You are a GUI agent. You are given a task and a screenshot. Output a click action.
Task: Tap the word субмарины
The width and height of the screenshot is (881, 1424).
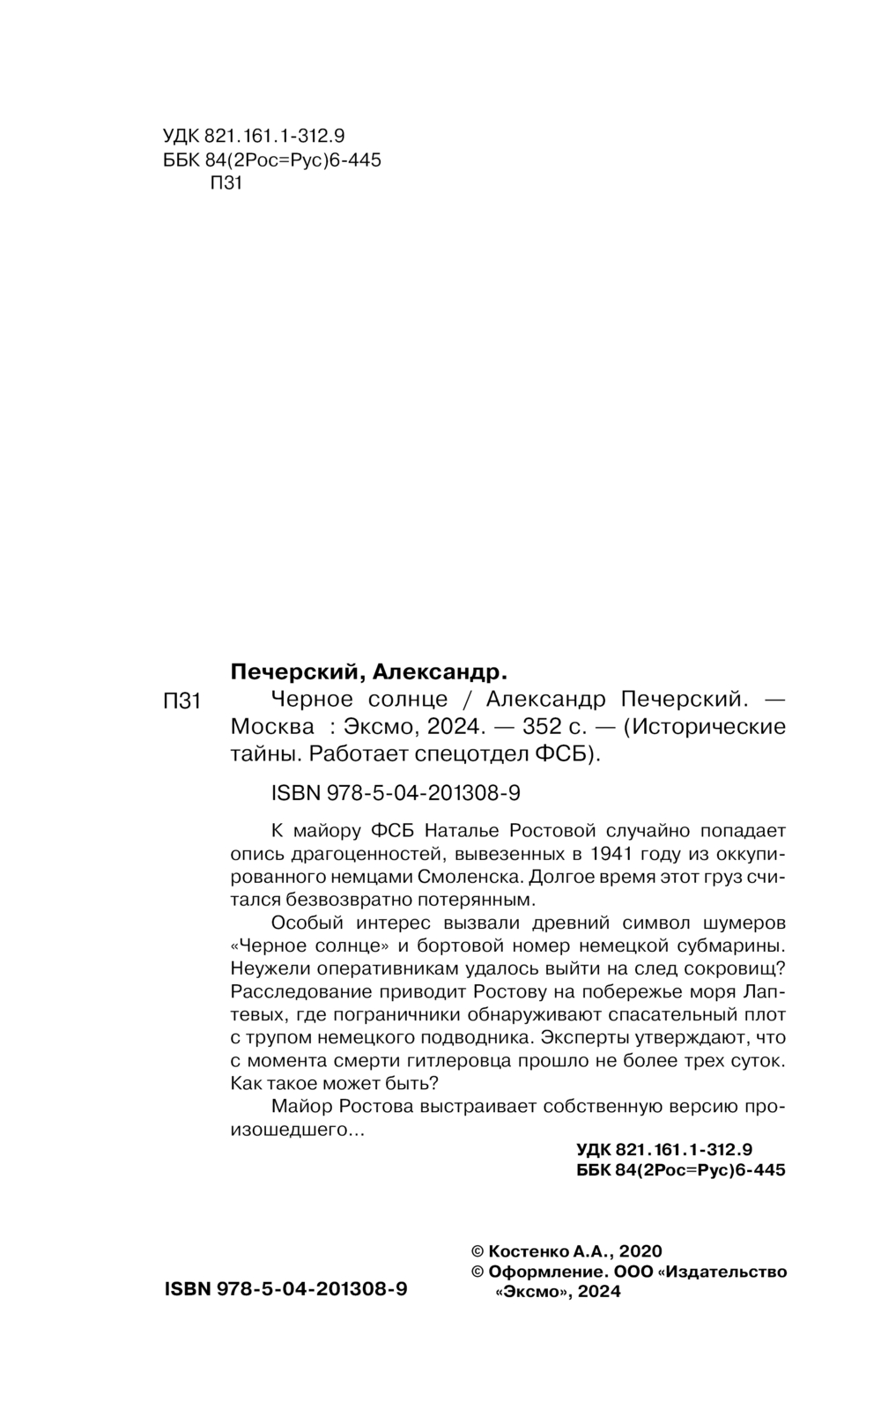(x=732, y=946)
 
